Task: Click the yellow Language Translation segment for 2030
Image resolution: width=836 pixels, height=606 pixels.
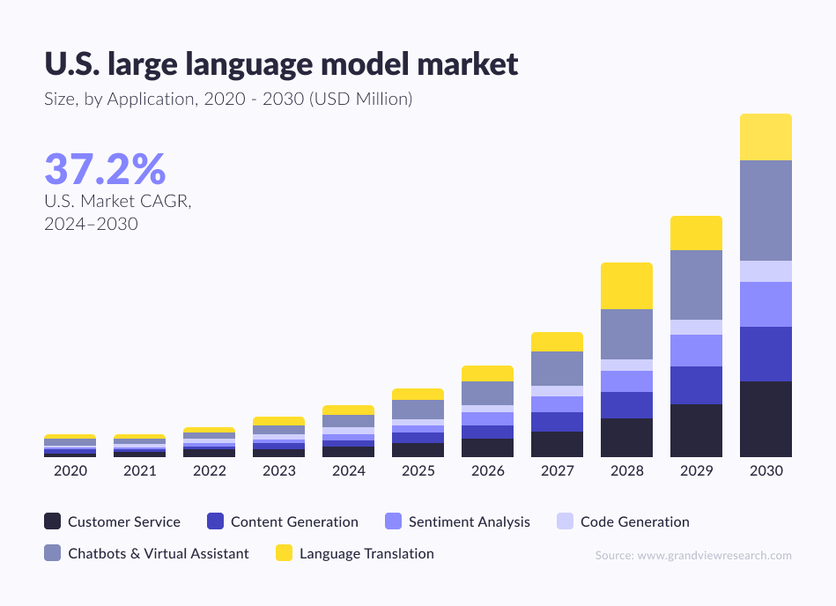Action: pos(766,137)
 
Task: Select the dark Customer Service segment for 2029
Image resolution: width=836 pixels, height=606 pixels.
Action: pos(696,430)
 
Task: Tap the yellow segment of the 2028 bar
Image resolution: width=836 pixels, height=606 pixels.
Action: pos(626,285)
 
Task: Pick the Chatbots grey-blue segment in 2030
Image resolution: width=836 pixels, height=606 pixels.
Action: pos(766,211)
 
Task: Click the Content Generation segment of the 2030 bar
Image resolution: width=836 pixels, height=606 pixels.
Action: pos(766,354)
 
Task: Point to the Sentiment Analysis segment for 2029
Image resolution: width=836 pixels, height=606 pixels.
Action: pos(696,351)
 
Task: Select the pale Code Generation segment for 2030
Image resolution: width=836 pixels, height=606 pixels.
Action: pos(766,271)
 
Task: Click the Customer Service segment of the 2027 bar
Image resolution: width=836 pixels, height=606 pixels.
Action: pos(557,444)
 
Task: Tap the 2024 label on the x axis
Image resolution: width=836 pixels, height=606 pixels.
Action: pos(349,471)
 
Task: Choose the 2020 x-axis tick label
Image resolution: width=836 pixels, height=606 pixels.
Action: pos(70,471)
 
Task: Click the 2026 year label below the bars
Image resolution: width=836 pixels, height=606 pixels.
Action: pos(488,471)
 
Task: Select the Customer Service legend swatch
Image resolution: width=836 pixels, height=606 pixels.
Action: pos(53,521)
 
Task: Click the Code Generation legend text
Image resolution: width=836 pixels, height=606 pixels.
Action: pos(634,521)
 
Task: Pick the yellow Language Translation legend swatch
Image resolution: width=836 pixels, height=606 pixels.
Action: pos(284,553)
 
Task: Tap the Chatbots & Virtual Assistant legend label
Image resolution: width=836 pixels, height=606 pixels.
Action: pos(159,553)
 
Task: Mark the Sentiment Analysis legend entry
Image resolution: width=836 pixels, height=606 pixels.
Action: pos(469,521)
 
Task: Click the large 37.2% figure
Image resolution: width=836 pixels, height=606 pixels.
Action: pos(105,169)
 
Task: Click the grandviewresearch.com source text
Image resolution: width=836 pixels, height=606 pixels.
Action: pos(692,555)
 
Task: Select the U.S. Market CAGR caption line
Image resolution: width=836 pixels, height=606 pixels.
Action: pos(117,201)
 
